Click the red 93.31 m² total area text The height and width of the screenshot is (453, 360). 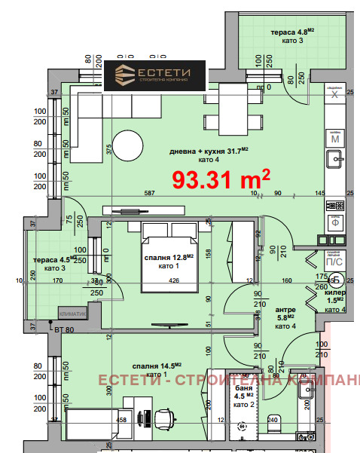pos(221,179)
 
